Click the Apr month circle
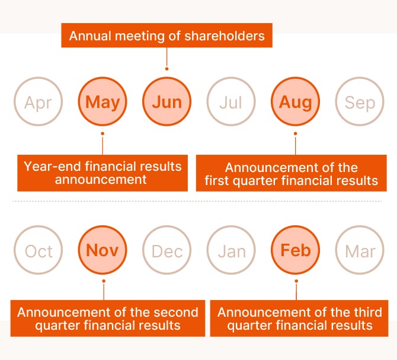[x=39, y=101]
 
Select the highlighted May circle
[x=103, y=101]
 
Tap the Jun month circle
[x=167, y=101]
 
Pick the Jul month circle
[x=231, y=101]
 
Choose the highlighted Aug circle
[x=296, y=101]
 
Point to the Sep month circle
[x=360, y=101]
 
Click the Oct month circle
[x=39, y=250]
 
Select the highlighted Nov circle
[x=103, y=250]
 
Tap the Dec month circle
[x=167, y=250]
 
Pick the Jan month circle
[x=231, y=250]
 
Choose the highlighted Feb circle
[x=296, y=250]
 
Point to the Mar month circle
[x=360, y=250]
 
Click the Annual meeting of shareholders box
[x=167, y=36]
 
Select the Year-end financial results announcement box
[x=103, y=173]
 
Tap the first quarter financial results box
[x=292, y=173]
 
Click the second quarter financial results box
[x=108, y=318]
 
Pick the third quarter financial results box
[x=299, y=318]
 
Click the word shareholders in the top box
[x=225, y=36]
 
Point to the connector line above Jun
[x=167, y=58]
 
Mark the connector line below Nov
[x=104, y=291]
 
